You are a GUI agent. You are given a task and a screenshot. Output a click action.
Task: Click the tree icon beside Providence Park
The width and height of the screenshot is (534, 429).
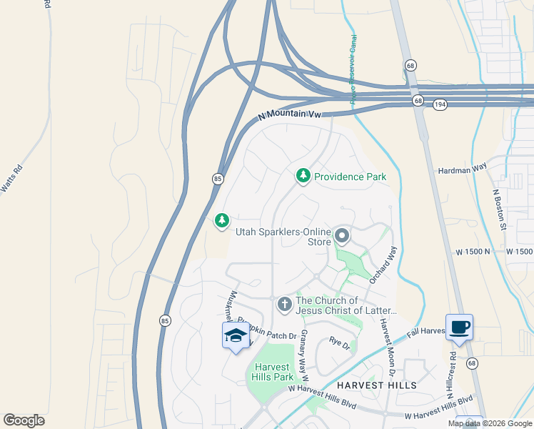click(x=303, y=176)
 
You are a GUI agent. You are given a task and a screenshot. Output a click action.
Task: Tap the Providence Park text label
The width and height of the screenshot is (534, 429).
click(x=350, y=177)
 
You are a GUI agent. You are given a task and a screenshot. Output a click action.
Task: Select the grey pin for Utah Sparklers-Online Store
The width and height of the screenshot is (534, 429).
click(x=342, y=235)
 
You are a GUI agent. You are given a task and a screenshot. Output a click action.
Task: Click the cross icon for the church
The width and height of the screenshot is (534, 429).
click(x=284, y=305)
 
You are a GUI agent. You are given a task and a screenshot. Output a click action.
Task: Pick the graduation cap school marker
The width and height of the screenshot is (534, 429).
click(x=236, y=335)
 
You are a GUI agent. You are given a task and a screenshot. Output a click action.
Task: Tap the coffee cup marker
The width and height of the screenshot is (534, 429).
click(x=459, y=327)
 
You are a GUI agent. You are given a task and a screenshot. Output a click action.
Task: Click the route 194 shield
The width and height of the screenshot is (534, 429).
click(x=440, y=104)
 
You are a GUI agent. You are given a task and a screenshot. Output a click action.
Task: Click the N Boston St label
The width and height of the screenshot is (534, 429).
click(x=499, y=209)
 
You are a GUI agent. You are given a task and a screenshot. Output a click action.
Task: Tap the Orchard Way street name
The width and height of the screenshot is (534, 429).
click(x=383, y=266)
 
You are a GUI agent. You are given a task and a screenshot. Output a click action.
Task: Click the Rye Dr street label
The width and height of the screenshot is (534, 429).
click(x=339, y=345)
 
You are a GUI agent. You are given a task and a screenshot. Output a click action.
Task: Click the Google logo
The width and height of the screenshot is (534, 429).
click(x=24, y=420)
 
